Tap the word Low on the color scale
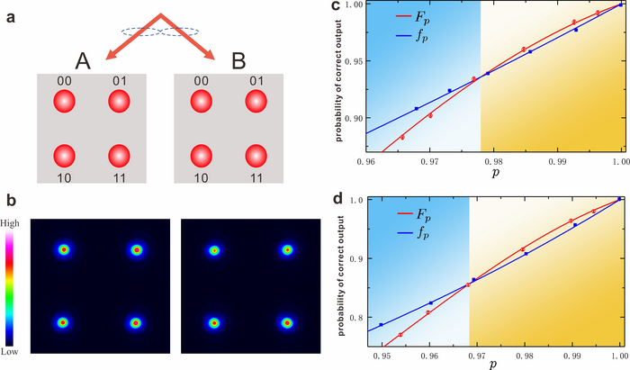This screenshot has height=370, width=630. coord(11,352)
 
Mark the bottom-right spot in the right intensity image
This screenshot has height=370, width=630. coord(287,321)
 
